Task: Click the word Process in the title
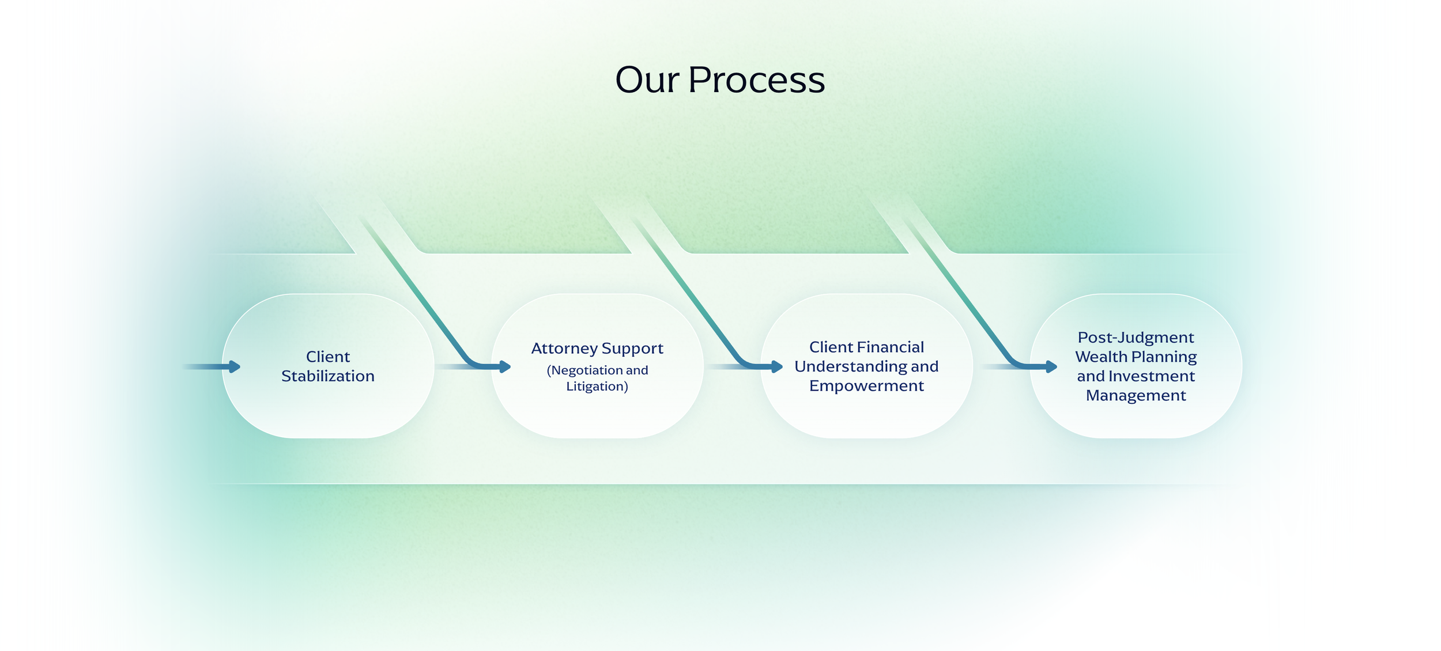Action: tap(756, 80)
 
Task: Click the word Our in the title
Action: tap(647, 80)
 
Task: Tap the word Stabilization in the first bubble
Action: tap(327, 376)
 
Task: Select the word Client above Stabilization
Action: tap(327, 357)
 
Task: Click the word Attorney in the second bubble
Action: tap(564, 349)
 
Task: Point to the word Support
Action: tap(632, 349)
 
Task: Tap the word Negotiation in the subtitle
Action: tap(586, 370)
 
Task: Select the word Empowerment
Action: tap(866, 386)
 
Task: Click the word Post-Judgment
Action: tap(1136, 337)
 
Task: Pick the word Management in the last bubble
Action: tap(1136, 396)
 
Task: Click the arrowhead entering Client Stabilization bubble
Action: tap(234, 366)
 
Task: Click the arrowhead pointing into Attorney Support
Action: tap(505, 366)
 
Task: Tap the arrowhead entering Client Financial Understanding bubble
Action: tap(776, 366)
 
